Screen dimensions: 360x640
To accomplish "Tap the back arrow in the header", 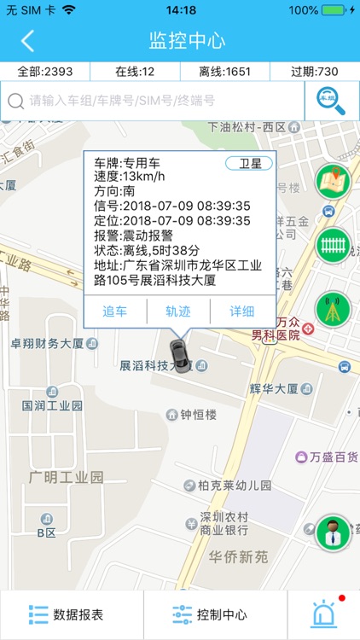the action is tap(28, 41).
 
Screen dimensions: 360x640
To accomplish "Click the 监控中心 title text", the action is tap(187, 41).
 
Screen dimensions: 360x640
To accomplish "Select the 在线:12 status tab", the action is tap(134, 72).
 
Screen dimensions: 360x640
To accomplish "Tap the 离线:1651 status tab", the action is tap(224, 72).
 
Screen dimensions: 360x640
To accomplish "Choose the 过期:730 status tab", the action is tap(315, 72).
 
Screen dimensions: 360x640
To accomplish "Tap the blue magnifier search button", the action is tap(332, 101).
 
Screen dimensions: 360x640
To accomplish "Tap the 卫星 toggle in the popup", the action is tap(249, 163).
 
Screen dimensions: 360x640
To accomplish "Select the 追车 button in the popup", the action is tap(115, 311).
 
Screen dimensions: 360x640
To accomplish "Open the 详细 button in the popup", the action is tap(242, 311).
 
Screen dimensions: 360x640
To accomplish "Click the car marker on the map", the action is tap(178, 352).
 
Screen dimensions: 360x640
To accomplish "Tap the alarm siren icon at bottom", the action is tap(324, 614).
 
